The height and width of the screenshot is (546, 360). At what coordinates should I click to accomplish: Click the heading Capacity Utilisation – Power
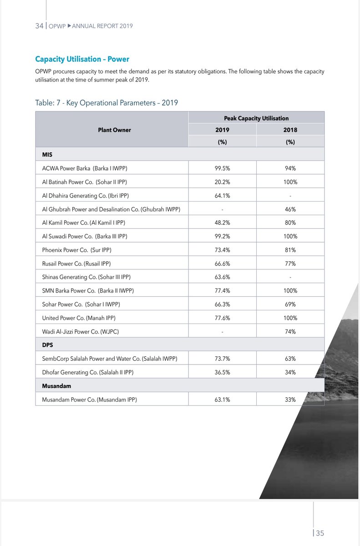click(x=82, y=59)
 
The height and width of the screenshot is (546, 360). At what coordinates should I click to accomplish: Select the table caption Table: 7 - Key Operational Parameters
click(x=106, y=103)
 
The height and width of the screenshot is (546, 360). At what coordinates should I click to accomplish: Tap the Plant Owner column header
click(x=114, y=130)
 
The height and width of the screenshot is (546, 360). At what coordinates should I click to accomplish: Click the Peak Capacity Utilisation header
click(x=256, y=118)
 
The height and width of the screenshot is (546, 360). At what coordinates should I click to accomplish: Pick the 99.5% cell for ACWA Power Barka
click(x=223, y=168)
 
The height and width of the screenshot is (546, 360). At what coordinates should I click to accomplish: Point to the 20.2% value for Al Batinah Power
click(x=223, y=182)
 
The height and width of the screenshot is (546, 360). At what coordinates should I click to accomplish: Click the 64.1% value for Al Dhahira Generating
click(x=223, y=196)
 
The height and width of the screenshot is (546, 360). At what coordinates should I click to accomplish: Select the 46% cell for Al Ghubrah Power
click(x=290, y=209)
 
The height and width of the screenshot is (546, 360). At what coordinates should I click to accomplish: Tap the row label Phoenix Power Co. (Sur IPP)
click(x=76, y=250)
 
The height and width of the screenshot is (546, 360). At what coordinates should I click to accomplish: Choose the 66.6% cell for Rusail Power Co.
click(x=223, y=263)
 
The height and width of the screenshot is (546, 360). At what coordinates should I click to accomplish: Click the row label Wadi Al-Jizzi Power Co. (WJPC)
click(x=81, y=332)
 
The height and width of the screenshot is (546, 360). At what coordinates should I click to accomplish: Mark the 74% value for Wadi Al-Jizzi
click(x=290, y=332)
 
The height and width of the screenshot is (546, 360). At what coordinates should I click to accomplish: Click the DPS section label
click(x=47, y=345)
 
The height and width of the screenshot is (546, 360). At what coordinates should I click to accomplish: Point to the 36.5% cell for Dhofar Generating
click(x=223, y=372)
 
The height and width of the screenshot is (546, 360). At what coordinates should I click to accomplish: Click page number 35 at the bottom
click(x=319, y=533)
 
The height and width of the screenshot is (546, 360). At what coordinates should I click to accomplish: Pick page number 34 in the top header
click(x=39, y=26)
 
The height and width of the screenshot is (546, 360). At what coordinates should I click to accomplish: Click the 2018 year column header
click(x=290, y=130)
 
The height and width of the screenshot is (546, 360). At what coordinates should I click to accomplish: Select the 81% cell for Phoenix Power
click(x=290, y=250)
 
